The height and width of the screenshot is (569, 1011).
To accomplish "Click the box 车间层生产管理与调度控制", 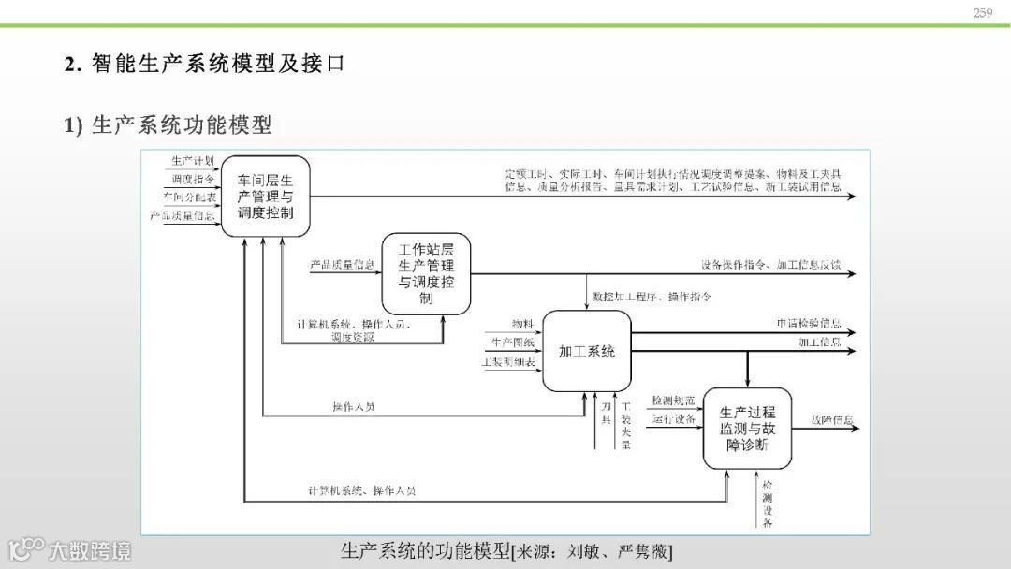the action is (266, 196).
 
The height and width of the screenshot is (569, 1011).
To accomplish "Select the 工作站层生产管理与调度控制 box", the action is (426, 273).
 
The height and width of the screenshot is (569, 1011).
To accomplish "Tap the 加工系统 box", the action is (587, 352).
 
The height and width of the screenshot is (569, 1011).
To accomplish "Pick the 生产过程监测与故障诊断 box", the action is (747, 429).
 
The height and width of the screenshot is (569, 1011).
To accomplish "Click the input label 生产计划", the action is (193, 161).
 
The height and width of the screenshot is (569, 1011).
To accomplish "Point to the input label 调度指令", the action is (193, 179).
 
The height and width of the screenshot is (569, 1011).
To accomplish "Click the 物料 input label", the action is (522, 324).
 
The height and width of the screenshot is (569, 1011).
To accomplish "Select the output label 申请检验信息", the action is (809, 324).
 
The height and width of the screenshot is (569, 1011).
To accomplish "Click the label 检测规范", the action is (673, 401).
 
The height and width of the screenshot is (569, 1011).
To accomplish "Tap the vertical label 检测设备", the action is (768, 504).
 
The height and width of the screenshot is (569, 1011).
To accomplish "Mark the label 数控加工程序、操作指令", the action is (652, 297).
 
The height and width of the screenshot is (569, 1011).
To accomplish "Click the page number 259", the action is (982, 12).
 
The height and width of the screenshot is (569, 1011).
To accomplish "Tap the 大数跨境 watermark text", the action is (90, 550).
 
